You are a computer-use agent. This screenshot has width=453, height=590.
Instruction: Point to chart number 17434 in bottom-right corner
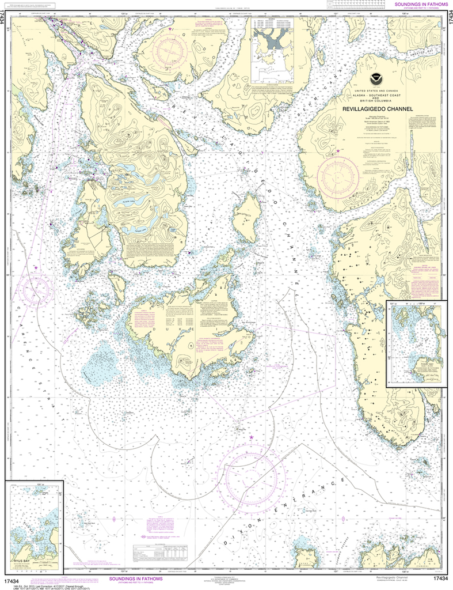point(440,578)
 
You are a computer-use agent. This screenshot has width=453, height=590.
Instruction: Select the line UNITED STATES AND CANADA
point(377,91)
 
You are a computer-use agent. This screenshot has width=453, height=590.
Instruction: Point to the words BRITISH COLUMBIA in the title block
point(377,102)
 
